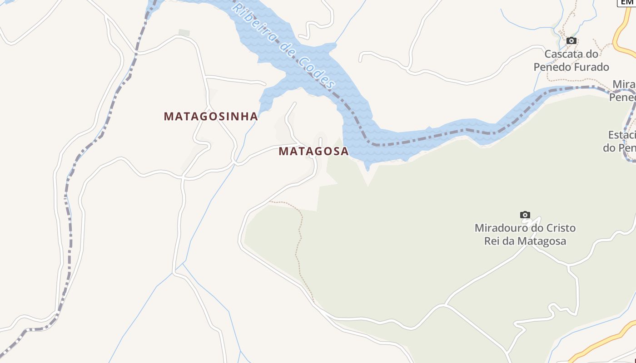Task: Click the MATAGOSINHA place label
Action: [x=211, y=116]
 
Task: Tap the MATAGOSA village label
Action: [x=313, y=151]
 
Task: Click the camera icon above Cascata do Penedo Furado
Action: [x=571, y=41]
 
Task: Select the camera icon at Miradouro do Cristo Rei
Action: [x=525, y=215]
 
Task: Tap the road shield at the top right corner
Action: [x=627, y=2]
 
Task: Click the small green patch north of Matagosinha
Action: [x=184, y=33]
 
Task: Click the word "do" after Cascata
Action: [x=591, y=54]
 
